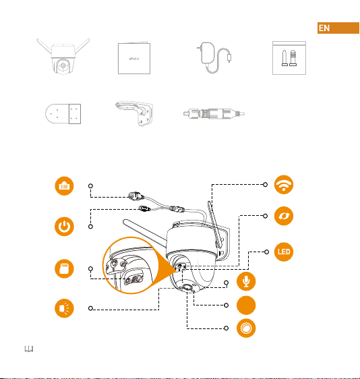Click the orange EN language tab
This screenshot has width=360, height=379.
[338, 28]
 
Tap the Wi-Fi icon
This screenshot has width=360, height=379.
[284, 185]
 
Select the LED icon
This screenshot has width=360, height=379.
[284, 252]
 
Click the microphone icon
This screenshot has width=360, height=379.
[246, 281]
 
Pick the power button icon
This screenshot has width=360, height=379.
[64, 227]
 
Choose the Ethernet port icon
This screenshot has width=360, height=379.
[64, 186]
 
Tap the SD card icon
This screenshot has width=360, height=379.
[64, 269]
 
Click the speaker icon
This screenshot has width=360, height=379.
[64, 308]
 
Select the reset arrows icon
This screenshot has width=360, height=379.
[284, 216]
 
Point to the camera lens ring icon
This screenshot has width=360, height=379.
[246, 328]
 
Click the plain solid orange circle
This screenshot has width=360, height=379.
[246, 305]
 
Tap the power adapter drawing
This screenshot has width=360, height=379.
[214, 58]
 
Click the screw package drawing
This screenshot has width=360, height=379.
[289, 58]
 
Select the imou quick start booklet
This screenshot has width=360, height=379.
[134, 58]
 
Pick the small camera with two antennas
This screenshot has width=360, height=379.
[63, 57]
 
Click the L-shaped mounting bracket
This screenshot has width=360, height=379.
[134, 113]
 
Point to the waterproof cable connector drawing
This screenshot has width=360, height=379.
[214, 113]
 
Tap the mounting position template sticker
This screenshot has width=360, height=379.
[63, 114]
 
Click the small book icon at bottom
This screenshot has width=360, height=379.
[29, 349]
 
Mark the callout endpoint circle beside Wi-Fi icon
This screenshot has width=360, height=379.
[266, 185]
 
